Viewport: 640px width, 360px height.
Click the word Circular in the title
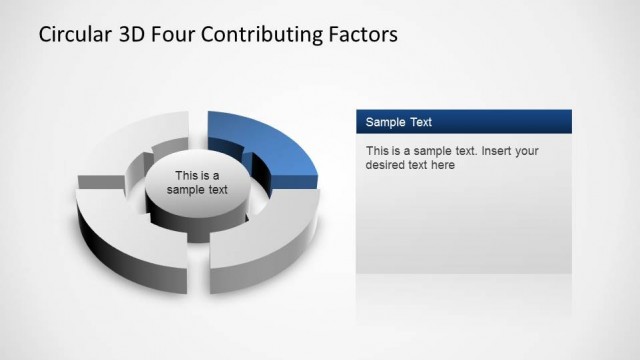coord(72,34)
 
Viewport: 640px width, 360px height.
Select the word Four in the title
coord(180,34)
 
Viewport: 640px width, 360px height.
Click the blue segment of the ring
coord(270,140)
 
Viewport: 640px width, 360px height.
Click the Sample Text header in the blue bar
coord(399,122)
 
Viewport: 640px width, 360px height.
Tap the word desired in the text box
coord(385,165)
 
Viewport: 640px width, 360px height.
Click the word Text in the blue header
coord(419,122)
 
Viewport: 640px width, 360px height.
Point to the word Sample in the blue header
coord(385,122)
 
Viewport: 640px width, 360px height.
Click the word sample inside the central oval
coord(185,190)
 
